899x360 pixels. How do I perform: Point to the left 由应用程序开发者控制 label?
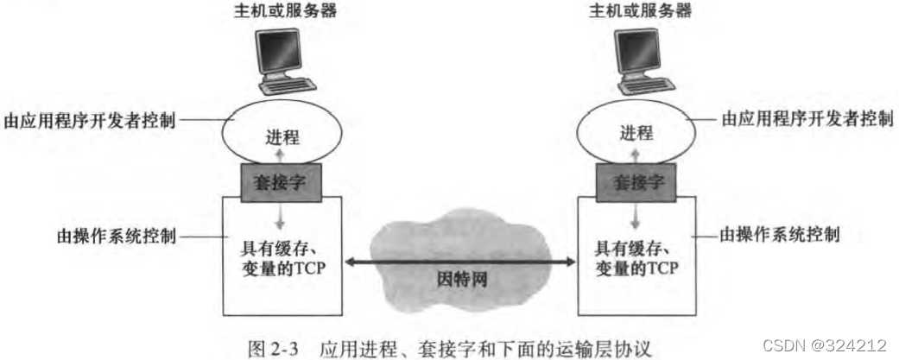[90, 120]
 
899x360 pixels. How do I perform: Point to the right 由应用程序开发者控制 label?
[807, 119]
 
